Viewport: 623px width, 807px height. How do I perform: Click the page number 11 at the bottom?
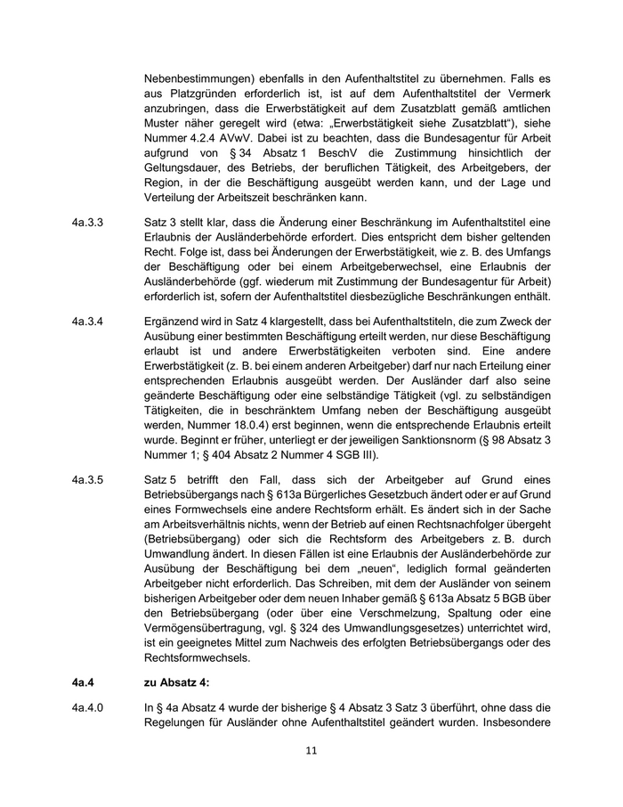pyautogui.click(x=311, y=751)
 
